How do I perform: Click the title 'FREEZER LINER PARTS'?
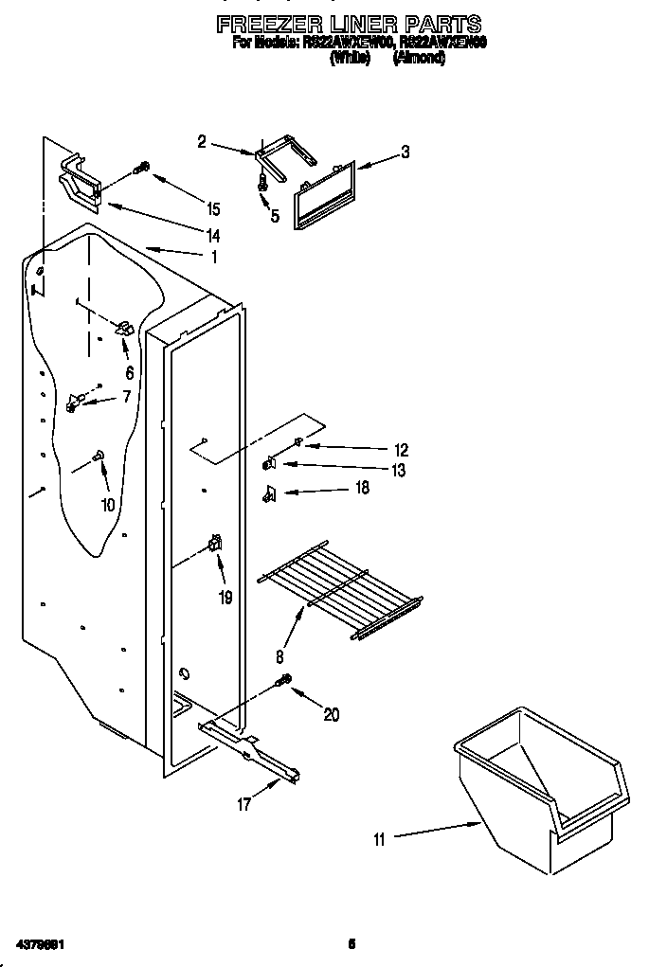[349, 24]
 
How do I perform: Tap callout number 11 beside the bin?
[380, 838]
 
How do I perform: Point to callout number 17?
[244, 804]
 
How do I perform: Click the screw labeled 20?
[282, 682]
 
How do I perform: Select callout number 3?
[405, 152]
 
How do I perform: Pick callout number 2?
[202, 142]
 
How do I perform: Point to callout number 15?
[213, 209]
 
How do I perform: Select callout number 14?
[213, 235]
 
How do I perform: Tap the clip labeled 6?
[124, 329]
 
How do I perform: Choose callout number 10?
[108, 505]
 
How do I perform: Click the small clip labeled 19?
[216, 545]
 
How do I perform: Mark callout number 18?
[361, 490]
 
